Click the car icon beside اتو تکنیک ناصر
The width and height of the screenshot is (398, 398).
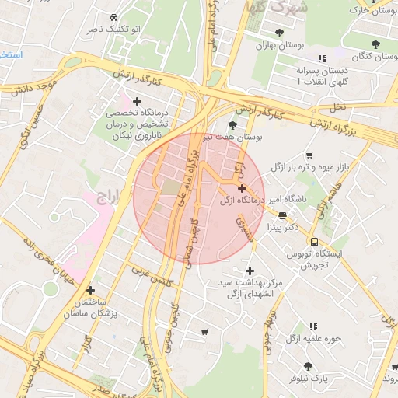tap(114, 17)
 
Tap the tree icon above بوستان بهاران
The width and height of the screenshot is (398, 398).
tap(279, 32)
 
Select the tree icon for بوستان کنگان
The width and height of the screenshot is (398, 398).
tap(375, 44)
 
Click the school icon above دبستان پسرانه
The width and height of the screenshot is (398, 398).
tap(321, 58)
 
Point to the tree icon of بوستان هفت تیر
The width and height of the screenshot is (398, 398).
tap(232, 124)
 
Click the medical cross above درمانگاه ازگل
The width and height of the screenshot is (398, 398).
tap(242, 188)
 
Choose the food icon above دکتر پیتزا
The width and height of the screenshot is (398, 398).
tap(281, 216)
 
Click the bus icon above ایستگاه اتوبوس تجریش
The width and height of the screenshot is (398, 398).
tap(314, 242)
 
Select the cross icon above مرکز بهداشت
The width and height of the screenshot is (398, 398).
tap(249, 271)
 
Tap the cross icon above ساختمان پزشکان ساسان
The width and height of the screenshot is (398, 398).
tap(91, 289)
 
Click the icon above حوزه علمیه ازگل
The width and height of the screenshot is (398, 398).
tap(314, 327)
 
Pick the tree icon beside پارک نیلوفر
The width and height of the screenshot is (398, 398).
tap(309, 365)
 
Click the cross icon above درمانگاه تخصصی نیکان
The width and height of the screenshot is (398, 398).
tap(138, 100)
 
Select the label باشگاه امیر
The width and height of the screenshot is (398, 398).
tap(311, 199)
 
